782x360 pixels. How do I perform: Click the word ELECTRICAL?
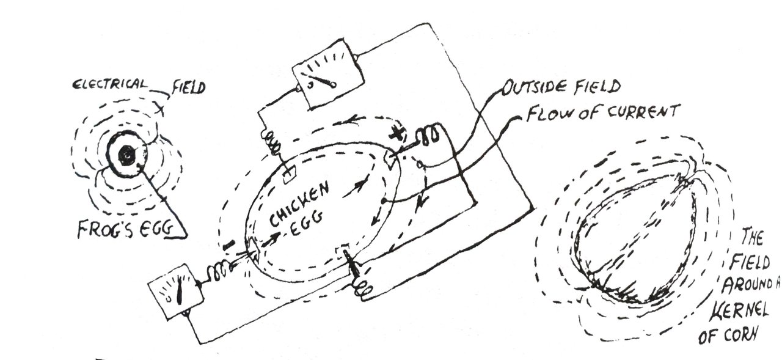[109, 85]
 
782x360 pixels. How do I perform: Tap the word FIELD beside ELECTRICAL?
[188, 87]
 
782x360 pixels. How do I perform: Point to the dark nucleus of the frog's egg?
[126, 156]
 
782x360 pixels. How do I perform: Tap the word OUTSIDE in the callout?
[536, 89]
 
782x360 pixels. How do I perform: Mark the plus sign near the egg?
[397, 133]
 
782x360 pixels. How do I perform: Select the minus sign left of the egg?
[227, 246]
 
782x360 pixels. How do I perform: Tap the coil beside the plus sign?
[429, 136]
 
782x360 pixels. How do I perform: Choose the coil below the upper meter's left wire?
[272, 144]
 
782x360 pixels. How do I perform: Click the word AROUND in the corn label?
[751, 285]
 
